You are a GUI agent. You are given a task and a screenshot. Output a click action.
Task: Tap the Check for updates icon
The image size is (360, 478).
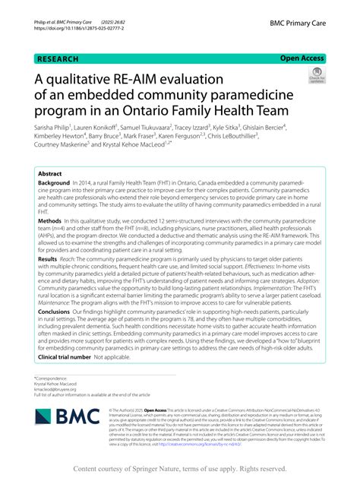(x=314, y=76)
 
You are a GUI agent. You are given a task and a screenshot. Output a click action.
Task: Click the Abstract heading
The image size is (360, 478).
(x=50, y=173)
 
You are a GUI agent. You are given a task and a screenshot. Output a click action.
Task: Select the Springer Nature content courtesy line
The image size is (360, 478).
(x=180, y=469)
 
